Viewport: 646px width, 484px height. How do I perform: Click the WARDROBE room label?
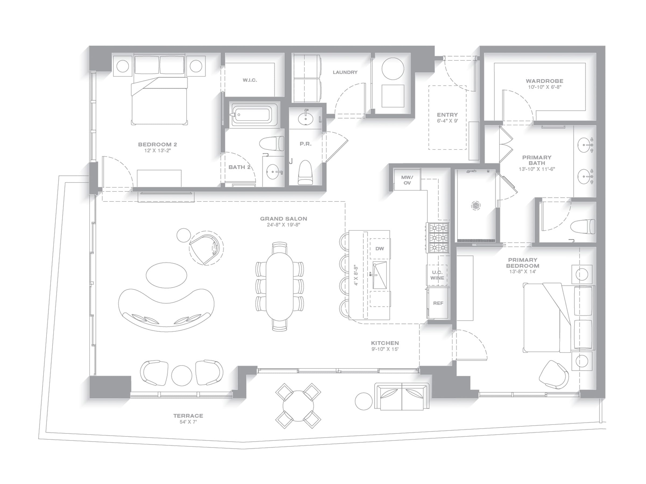tap(544, 81)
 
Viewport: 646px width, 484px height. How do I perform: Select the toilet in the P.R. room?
tap(306, 172)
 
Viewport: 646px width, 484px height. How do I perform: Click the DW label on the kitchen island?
tap(379, 248)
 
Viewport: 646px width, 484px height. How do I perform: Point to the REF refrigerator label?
tap(438, 303)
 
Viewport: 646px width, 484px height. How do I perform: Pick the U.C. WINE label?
tap(437, 275)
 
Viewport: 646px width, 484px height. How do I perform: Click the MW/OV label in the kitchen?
tap(407, 180)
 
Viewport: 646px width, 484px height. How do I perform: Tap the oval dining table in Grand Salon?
tap(279, 286)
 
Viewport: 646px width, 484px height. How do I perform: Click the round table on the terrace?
tap(298, 406)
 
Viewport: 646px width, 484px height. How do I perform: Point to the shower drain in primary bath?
tap(476, 205)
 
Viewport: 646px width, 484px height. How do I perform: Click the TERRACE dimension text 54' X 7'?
tap(188, 422)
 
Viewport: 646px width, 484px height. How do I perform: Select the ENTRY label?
tap(447, 115)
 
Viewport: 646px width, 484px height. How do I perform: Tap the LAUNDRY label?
tap(345, 72)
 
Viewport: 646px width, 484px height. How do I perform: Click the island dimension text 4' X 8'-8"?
tap(356, 275)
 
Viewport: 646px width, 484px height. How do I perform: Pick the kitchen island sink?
tap(379, 275)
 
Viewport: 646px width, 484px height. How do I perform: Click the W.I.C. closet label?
tap(250, 80)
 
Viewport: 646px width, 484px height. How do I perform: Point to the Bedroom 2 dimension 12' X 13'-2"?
tap(157, 151)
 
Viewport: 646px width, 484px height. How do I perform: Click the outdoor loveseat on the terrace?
tap(402, 397)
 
